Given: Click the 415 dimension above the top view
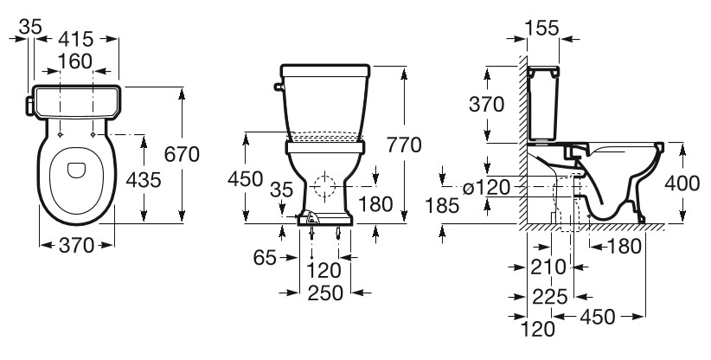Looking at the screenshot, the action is [x=76, y=39].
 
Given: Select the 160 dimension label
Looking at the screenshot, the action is [x=75, y=61].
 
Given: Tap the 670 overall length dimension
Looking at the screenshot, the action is [x=182, y=155].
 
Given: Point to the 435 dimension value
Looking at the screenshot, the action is [x=144, y=181].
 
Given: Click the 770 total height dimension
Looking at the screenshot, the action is [x=404, y=145].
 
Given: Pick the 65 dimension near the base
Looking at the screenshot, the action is [x=265, y=258].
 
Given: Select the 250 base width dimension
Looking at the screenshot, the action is [x=325, y=293].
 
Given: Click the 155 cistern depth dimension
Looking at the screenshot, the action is [x=541, y=28].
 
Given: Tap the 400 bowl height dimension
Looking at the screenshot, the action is [x=682, y=183].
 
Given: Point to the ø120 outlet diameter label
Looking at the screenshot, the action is [x=486, y=187].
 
